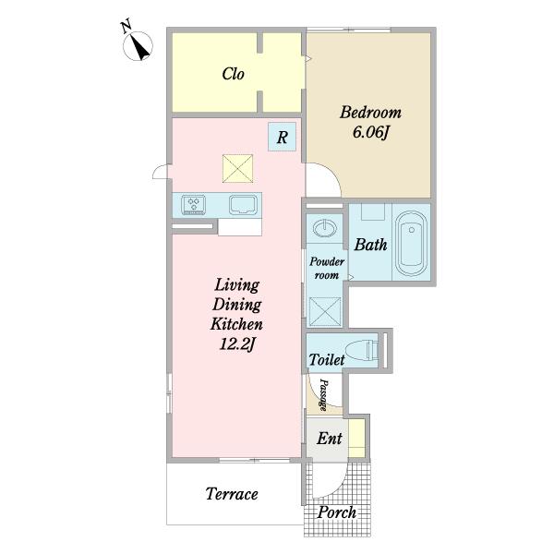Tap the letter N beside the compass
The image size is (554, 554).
[126, 27]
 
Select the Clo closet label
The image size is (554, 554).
[233, 74]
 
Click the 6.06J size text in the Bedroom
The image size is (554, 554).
[370, 132]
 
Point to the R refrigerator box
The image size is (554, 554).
[282, 137]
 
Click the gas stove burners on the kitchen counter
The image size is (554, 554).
[194, 205]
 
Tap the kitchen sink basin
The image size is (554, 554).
[243, 205]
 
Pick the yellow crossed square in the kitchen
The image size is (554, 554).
[238, 169]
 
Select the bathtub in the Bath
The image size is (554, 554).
[411, 244]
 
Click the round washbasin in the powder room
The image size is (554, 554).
[324, 228]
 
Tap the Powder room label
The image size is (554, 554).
[327, 268]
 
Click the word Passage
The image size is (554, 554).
[323, 394]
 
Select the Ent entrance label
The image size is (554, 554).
[330, 439]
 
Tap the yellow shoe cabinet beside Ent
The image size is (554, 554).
[356, 438]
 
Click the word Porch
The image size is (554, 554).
[337, 512]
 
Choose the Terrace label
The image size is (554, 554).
[232, 494]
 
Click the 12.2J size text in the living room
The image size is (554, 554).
[237, 343]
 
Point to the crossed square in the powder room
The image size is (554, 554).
[325, 311]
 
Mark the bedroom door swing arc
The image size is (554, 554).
[331, 174]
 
